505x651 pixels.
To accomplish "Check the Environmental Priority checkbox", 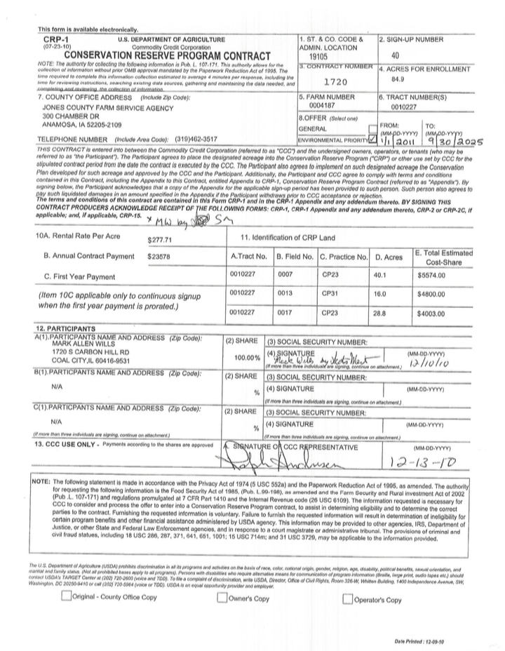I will pos(372,140).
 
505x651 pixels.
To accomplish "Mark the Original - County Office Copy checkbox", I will pos(67,598).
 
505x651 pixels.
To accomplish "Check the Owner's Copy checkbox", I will pos(222,598).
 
